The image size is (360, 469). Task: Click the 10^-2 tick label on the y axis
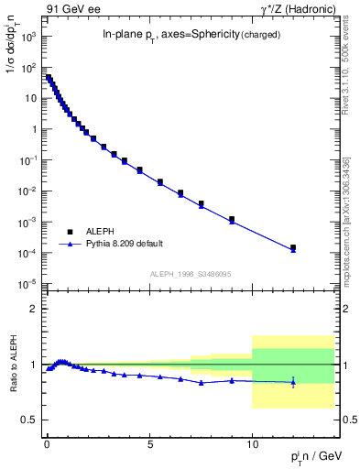pos(28,191)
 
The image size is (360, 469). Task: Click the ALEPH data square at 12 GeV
pos(293,247)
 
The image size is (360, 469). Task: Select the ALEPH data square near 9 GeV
pos(232,219)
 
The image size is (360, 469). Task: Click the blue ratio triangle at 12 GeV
pos(293,381)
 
